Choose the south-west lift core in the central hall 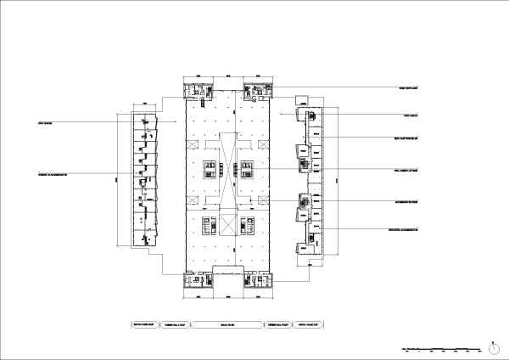(x=208, y=226)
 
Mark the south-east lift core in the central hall (x=248, y=226)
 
